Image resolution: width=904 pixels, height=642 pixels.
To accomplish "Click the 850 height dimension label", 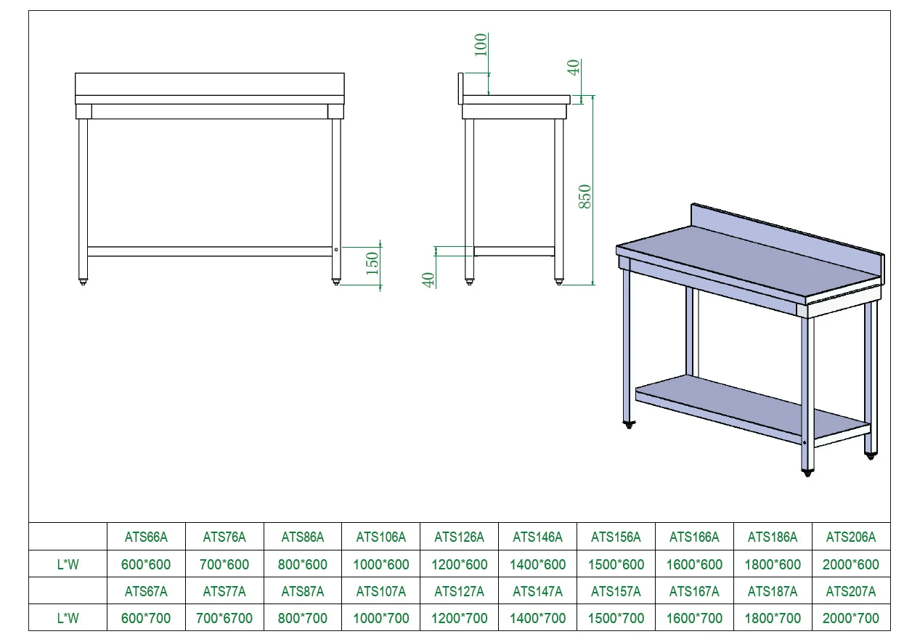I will [585, 197].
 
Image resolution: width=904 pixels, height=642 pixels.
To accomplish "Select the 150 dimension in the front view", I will [372, 262].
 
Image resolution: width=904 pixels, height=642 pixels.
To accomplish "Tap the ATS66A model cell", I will [146, 537].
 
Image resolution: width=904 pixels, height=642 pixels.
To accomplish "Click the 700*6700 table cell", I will [224, 619].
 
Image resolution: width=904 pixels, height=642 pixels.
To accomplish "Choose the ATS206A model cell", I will [851, 537].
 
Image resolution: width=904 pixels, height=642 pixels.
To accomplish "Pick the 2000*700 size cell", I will [851, 619].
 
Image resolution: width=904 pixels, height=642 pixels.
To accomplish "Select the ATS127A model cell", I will [459, 592].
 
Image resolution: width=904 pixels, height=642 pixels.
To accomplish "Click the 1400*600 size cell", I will [538, 564].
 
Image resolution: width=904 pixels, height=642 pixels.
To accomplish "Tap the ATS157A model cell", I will [616, 592].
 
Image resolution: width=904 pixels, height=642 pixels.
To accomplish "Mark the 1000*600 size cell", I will [381, 564].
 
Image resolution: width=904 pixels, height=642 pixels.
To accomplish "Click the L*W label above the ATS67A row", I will [68, 564].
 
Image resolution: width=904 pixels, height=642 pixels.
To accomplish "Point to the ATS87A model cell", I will [303, 592].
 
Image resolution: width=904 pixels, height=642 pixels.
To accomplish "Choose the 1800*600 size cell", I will [773, 564].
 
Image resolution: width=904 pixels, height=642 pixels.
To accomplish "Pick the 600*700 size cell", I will [146, 619].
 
